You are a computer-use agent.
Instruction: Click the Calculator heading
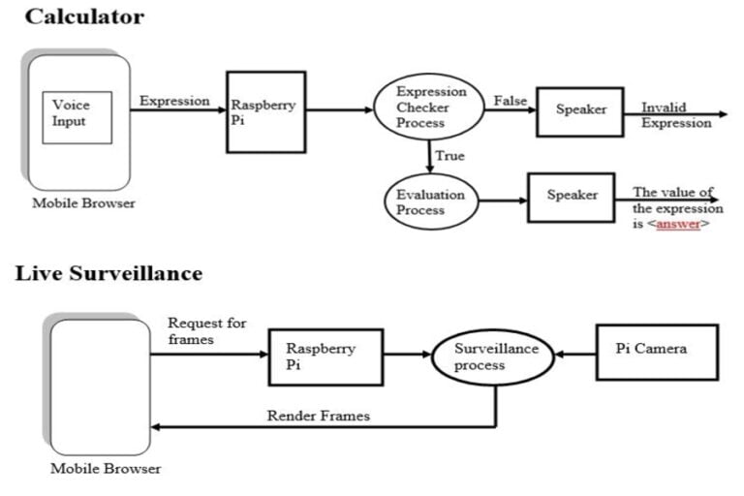coord(84,16)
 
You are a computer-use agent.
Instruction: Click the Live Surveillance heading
coord(108,273)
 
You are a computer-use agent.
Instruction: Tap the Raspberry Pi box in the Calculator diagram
coord(265,111)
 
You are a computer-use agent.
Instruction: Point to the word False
coord(510,101)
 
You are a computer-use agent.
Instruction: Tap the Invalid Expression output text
coord(675,115)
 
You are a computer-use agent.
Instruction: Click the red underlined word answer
coord(678,225)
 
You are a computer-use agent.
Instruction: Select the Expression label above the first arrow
coord(174,101)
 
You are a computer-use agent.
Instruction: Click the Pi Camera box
coord(655,351)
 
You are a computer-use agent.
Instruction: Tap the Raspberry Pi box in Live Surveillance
coord(325,356)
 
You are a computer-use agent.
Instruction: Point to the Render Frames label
coord(318,417)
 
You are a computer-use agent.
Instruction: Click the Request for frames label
coord(206,331)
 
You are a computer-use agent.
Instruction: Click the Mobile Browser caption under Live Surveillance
coord(106,470)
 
